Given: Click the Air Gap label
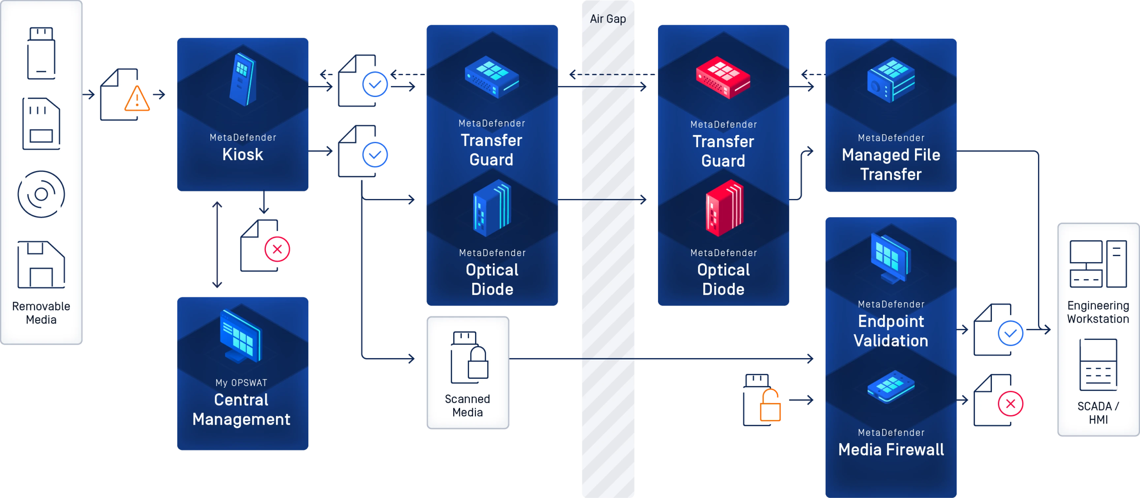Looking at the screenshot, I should (608, 19).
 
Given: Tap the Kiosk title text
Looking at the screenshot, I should (242, 154).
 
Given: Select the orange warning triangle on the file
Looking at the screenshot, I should (137, 99).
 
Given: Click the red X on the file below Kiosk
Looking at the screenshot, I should (277, 249).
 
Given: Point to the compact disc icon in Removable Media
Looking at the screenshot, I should (41, 194).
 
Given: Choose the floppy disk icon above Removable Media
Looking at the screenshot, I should (41, 265).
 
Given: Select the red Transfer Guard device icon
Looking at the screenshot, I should (723, 78).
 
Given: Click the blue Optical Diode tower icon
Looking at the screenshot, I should (492, 208).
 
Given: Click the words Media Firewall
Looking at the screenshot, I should (891, 450).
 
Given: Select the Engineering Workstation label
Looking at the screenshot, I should (1098, 312).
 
